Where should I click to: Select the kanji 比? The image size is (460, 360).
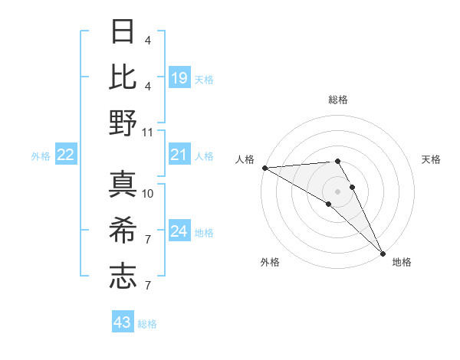click(x=123, y=77)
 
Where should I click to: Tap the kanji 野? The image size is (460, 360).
click(x=123, y=123)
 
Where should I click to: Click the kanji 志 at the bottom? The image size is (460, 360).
click(x=123, y=276)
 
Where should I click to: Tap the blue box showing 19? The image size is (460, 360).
click(x=179, y=77)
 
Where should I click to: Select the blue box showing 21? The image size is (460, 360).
click(x=179, y=155)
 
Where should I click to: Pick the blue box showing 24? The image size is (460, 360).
click(x=179, y=231)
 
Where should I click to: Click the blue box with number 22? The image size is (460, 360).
click(x=66, y=155)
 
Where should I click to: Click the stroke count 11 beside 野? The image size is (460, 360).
click(x=148, y=132)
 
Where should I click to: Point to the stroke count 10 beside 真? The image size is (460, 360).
click(x=148, y=193)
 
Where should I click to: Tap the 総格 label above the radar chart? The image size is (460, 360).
click(x=338, y=100)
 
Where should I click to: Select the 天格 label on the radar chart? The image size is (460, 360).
click(x=432, y=159)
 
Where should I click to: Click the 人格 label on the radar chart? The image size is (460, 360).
click(x=245, y=159)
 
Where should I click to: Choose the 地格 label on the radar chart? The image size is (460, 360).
click(x=402, y=262)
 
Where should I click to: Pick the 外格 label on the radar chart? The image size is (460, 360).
click(x=270, y=262)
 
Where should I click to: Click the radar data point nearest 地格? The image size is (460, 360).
click(x=383, y=252)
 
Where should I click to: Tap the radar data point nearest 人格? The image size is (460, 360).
click(x=264, y=168)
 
